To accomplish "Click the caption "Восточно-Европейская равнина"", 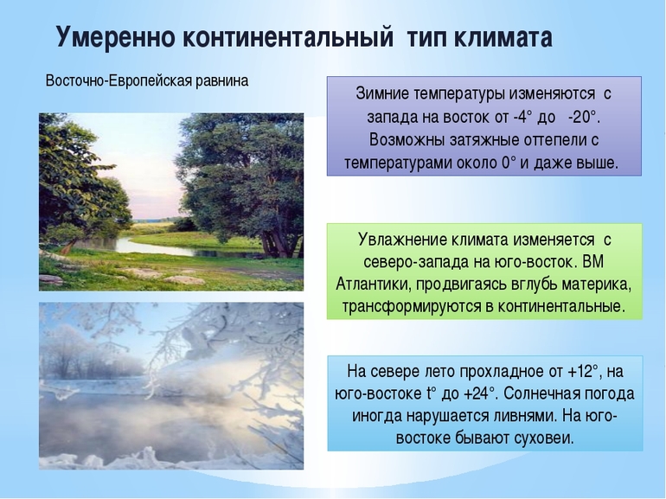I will pos(146,81).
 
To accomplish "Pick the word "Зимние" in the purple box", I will pos(382,93).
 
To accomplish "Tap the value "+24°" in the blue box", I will pos(476,393).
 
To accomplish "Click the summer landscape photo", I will pos(170,201).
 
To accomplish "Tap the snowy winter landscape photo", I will pos(170,385).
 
